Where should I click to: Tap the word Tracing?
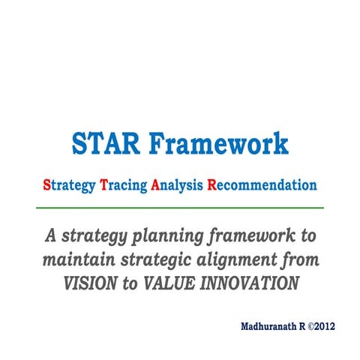tap(124, 184)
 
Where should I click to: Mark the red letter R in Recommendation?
tap(212, 184)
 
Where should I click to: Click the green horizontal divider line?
tap(180, 207)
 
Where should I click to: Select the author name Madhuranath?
tap(268, 327)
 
